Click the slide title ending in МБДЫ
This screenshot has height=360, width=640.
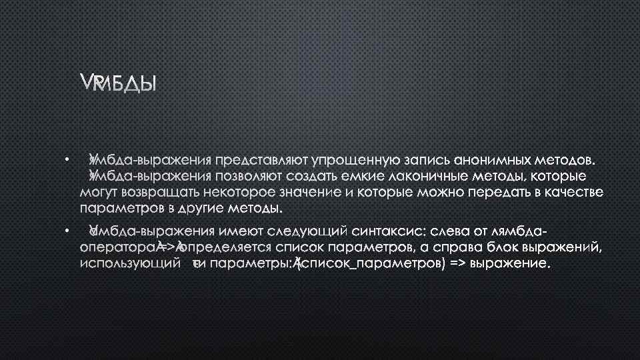(117, 84)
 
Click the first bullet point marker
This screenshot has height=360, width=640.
(67, 159)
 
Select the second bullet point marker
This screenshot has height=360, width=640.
(67, 231)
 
